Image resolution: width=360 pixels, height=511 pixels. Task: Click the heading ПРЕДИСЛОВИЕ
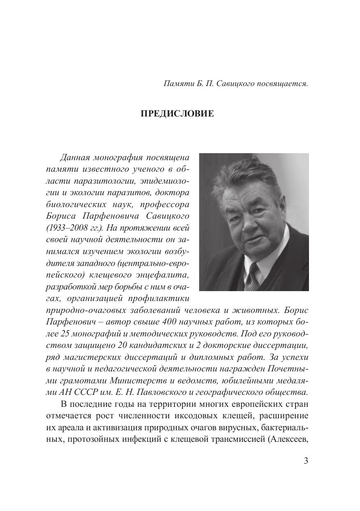pos(177,114)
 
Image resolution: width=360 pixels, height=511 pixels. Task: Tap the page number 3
pos(306,461)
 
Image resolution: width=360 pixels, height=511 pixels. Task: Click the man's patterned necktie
pos(252,276)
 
